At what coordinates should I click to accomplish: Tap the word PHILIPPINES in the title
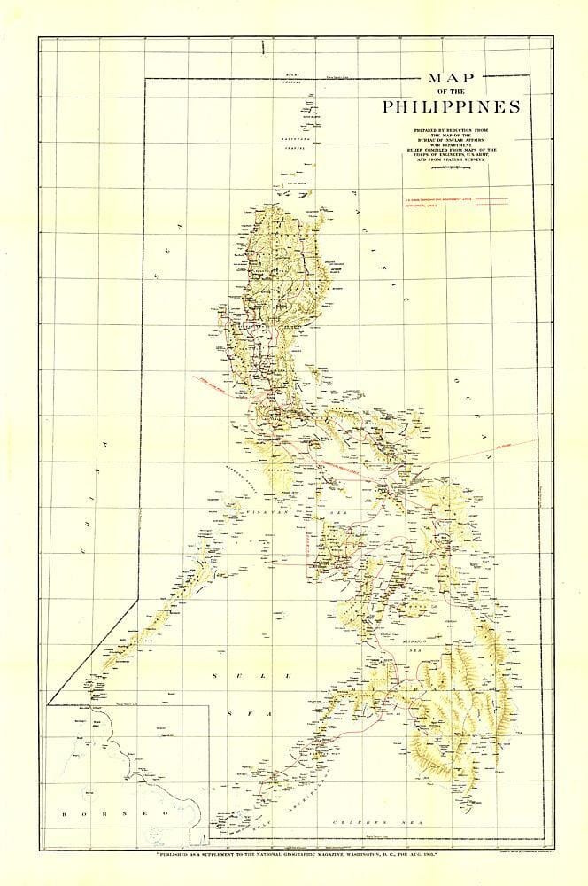point(438,107)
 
